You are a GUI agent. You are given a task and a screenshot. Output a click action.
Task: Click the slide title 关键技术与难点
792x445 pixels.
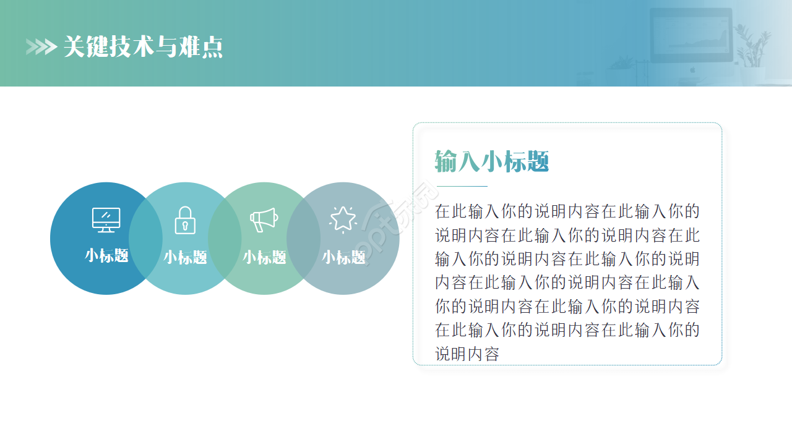143,47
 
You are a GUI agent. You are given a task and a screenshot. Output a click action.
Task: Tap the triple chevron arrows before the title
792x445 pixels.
41,47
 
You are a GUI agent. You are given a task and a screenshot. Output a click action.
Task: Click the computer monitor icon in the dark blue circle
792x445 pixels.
106,220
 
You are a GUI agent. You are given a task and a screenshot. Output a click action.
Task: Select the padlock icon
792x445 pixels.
185,220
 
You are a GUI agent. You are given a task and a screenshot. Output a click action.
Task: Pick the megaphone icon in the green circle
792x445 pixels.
264,219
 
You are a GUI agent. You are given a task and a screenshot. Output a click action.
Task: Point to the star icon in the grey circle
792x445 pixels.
343,219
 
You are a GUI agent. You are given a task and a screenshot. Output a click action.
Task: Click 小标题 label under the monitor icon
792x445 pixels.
106,256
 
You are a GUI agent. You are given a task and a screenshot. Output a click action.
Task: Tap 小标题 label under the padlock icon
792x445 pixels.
185,257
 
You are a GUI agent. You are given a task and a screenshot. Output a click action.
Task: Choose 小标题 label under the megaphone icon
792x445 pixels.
264,257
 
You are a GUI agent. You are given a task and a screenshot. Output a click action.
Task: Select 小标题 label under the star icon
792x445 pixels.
343,257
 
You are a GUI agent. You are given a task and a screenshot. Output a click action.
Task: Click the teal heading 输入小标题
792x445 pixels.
492,162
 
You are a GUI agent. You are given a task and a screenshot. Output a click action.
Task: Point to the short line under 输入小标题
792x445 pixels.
462,185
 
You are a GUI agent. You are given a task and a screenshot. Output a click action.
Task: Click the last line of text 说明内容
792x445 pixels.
467,354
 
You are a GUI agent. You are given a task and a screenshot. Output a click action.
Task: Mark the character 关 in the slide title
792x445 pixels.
74,47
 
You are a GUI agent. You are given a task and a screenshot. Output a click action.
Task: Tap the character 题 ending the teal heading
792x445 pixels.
538,162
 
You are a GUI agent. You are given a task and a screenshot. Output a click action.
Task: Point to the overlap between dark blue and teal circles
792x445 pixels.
145,239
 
